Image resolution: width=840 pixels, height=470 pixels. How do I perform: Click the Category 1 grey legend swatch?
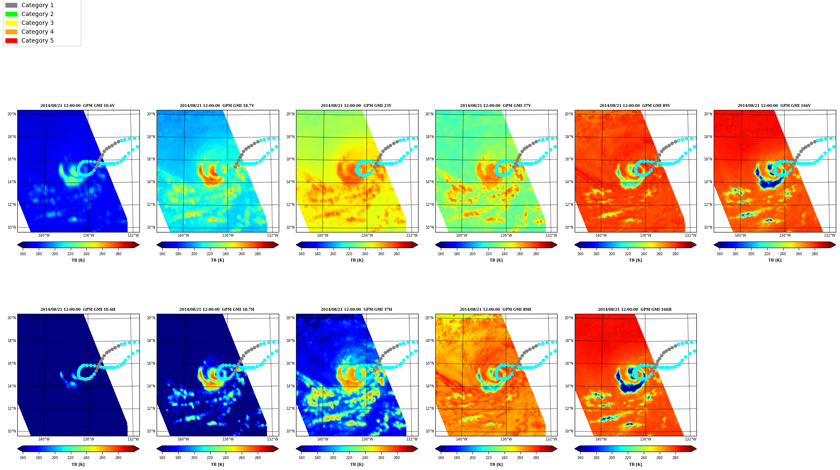tap(11, 5)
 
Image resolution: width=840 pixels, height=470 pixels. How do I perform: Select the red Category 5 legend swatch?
tap(11, 41)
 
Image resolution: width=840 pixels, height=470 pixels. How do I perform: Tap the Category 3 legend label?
tap(37, 23)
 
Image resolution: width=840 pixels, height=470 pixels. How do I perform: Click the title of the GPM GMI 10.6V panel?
tap(77, 106)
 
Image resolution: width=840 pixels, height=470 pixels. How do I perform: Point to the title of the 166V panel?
tap(774, 106)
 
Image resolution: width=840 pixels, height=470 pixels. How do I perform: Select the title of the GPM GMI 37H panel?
tap(356, 310)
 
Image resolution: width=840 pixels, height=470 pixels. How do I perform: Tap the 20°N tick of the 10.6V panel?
tap(11, 114)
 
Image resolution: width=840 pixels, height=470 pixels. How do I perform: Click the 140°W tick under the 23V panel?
tap(323, 235)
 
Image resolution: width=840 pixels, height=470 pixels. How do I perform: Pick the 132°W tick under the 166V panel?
tap(829, 235)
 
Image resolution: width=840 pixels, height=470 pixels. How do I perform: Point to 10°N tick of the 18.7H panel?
tap(151, 431)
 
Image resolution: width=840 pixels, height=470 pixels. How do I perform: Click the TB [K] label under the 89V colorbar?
tap(635, 260)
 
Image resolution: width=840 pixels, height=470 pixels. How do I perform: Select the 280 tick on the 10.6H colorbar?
tap(118, 458)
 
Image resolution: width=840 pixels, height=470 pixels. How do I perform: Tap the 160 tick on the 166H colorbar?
tap(580, 458)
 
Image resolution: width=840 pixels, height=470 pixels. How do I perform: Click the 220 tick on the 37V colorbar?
tap(488, 254)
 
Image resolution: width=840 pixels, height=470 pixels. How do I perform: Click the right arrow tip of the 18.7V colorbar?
tap(279, 245)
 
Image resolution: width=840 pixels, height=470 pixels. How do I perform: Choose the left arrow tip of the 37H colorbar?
tap(296, 449)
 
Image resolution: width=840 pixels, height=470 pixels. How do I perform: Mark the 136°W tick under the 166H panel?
tap(645, 439)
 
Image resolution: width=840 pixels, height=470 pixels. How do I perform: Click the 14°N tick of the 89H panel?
tap(429, 386)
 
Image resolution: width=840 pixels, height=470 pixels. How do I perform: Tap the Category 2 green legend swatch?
tap(11, 14)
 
